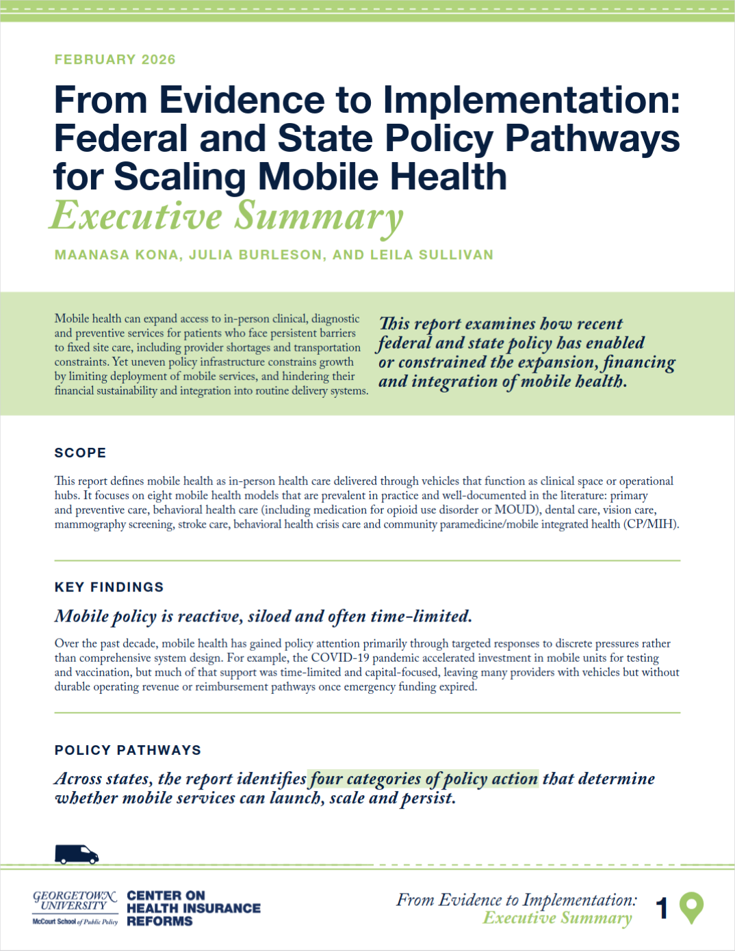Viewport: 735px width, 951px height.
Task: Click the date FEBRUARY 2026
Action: coord(115,59)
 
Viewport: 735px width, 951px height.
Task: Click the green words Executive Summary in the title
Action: coord(227,216)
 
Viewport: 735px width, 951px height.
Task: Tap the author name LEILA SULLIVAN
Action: coord(431,255)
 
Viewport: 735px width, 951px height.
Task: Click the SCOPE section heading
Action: coord(80,453)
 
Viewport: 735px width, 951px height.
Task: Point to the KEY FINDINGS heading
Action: coord(109,587)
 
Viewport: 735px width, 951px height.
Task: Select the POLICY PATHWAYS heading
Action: coord(127,750)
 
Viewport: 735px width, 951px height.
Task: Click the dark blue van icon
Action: coord(77,854)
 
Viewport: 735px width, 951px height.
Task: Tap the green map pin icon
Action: coord(691,907)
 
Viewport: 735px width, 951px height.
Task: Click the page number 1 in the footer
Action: coord(661,909)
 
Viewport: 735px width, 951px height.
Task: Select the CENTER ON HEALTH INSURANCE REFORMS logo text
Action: coord(194,908)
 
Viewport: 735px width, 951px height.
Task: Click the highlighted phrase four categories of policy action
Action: coord(423,779)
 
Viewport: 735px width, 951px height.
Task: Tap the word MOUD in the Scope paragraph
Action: coord(515,510)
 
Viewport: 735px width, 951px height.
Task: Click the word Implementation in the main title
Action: coord(531,100)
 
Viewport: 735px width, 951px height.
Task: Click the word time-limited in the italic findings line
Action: coord(420,617)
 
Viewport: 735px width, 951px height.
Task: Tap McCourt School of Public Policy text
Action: coord(75,922)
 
